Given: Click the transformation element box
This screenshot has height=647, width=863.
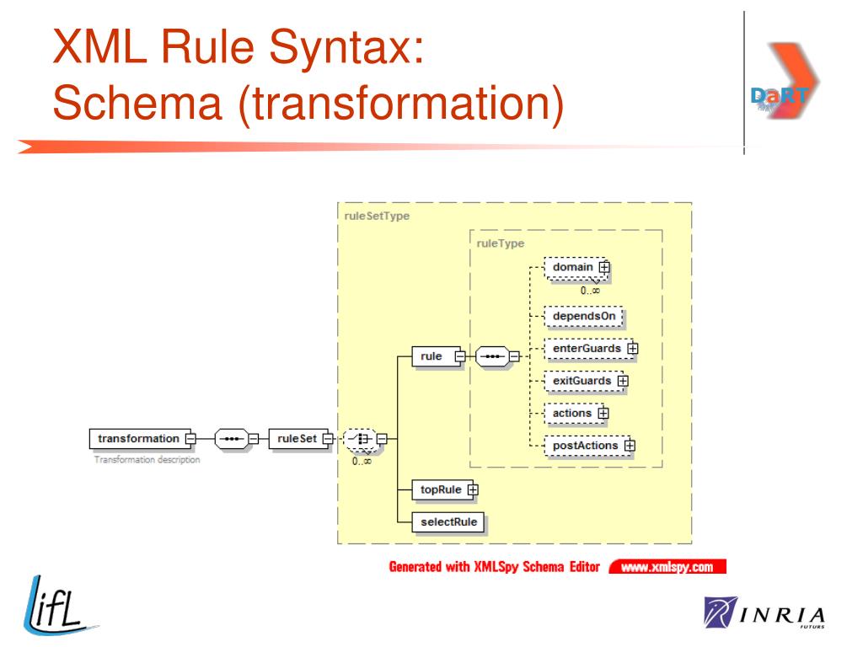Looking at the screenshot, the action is tap(142, 438).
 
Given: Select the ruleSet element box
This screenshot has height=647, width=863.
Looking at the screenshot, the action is tap(301, 438).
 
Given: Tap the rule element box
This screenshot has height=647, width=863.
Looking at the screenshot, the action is tap(438, 356).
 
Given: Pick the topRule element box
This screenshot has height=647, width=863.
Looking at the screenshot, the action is tap(445, 489).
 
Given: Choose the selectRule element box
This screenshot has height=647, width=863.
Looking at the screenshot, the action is tap(448, 522).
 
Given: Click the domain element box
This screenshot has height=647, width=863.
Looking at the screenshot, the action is tap(576, 268).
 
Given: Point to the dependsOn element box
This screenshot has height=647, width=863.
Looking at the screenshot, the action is tap(583, 317).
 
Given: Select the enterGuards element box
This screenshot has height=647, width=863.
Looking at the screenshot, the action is tap(591, 349).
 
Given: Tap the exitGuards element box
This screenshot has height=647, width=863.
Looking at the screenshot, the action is tap(587, 381).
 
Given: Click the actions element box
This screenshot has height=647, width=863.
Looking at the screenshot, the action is tap(576, 413).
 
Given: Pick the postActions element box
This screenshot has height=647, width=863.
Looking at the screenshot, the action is tap(589, 446).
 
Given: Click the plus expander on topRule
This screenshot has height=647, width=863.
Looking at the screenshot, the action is tap(473, 489).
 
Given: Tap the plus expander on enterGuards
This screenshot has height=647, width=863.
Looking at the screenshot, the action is tap(632, 349).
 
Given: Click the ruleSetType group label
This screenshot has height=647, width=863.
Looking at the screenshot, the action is tap(377, 217).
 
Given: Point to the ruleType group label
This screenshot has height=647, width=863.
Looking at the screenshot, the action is tap(501, 243).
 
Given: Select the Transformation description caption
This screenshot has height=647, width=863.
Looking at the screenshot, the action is tap(147, 459).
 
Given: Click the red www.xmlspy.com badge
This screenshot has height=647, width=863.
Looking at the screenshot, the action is tap(667, 567).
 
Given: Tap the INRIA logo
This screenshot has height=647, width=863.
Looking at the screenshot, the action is tap(764, 612).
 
